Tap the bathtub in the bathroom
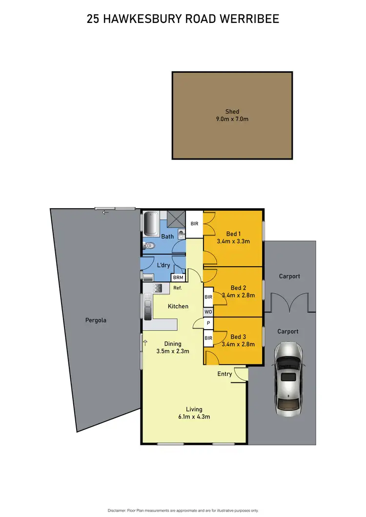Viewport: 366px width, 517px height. [x=150, y=223]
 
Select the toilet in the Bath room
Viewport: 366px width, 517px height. [x=149, y=246]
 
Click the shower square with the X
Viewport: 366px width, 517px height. [x=175, y=219]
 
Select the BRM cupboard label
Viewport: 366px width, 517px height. [x=177, y=278]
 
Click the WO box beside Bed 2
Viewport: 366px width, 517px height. [x=208, y=311]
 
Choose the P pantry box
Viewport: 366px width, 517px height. [x=208, y=323]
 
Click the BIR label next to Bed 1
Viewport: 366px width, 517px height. [x=194, y=224]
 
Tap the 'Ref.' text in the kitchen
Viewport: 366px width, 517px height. [x=178, y=288]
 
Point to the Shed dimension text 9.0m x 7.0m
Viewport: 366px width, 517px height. [x=232, y=119]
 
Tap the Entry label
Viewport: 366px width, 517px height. [x=225, y=374]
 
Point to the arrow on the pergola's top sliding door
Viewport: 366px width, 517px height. [x=104, y=212]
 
